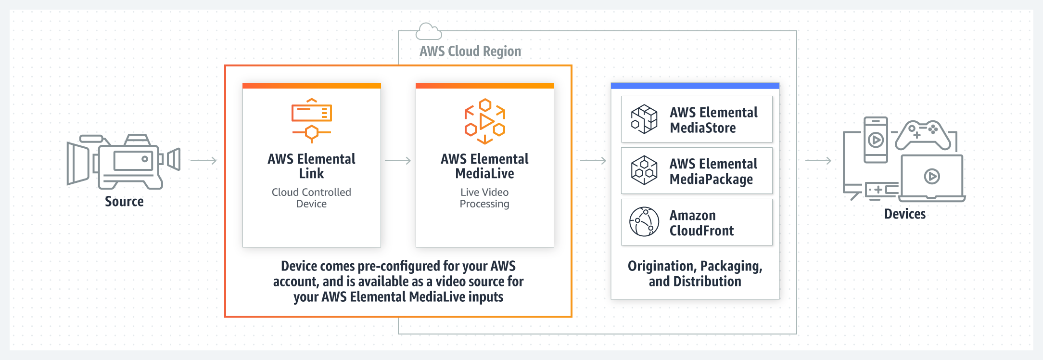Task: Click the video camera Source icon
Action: pos(123,161)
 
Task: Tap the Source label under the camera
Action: pos(124,202)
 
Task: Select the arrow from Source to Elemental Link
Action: pos(204,161)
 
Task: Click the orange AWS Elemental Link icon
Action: pos(312,121)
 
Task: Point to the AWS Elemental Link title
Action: pos(312,166)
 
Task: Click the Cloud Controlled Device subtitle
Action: pos(311,198)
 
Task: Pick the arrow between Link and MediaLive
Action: pos(398,161)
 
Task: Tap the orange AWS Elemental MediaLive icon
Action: pos(485,121)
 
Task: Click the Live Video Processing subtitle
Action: pos(484,198)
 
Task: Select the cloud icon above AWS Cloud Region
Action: pos(428,31)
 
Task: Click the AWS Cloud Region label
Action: pos(470,51)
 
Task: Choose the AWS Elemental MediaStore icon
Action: pos(644,119)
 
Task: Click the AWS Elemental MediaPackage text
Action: pos(713,171)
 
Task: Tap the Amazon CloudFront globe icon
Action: pos(644,222)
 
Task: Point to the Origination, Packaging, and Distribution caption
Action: pos(695,273)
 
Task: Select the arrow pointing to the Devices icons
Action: pos(818,161)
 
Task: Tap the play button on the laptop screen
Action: pos(932,177)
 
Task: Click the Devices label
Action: pos(904,214)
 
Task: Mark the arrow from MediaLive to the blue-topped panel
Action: pos(593,161)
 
